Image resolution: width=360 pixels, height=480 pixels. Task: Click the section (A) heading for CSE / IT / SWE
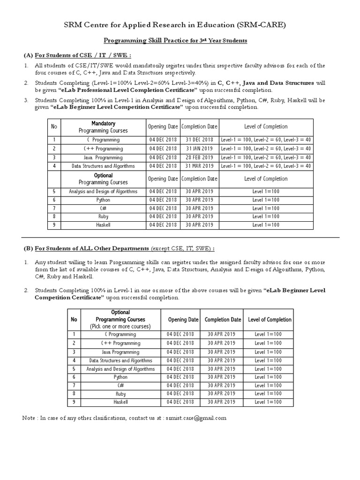click(x=74, y=55)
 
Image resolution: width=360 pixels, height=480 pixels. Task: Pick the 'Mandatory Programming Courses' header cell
click(x=103, y=127)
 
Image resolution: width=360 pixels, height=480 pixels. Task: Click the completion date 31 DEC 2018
click(x=199, y=140)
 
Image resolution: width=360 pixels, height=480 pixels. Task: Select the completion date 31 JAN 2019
click(x=199, y=149)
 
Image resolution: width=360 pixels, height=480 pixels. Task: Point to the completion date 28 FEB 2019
click(x=199, y=157)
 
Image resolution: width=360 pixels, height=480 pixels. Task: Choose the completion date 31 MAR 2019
click(x=199, y=166)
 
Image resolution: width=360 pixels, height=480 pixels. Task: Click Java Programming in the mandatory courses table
click(x=103, y=157)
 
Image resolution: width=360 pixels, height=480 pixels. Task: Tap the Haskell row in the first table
click(x=103, y=225)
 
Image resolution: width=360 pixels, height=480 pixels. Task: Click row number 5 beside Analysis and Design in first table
click(x=54, y=191)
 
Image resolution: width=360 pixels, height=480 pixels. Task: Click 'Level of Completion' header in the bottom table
click(x=270, y=320)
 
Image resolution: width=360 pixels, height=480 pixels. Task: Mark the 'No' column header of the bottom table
click(x=73, y=320)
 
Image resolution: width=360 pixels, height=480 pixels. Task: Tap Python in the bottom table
click(x=120, y=377)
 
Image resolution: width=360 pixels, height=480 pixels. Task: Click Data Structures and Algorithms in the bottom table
click(x=120, y=360)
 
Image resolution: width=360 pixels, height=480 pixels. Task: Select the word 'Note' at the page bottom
click(x=29, y=418)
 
